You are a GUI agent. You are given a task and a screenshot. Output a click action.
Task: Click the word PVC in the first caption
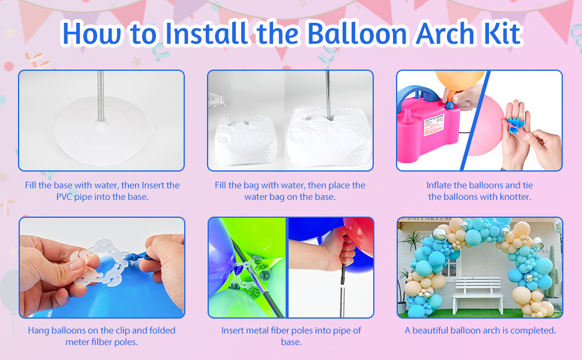[64, 197]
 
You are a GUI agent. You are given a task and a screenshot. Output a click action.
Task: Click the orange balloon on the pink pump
[459, 82]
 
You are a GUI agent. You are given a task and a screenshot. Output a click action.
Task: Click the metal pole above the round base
[101, 96]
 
